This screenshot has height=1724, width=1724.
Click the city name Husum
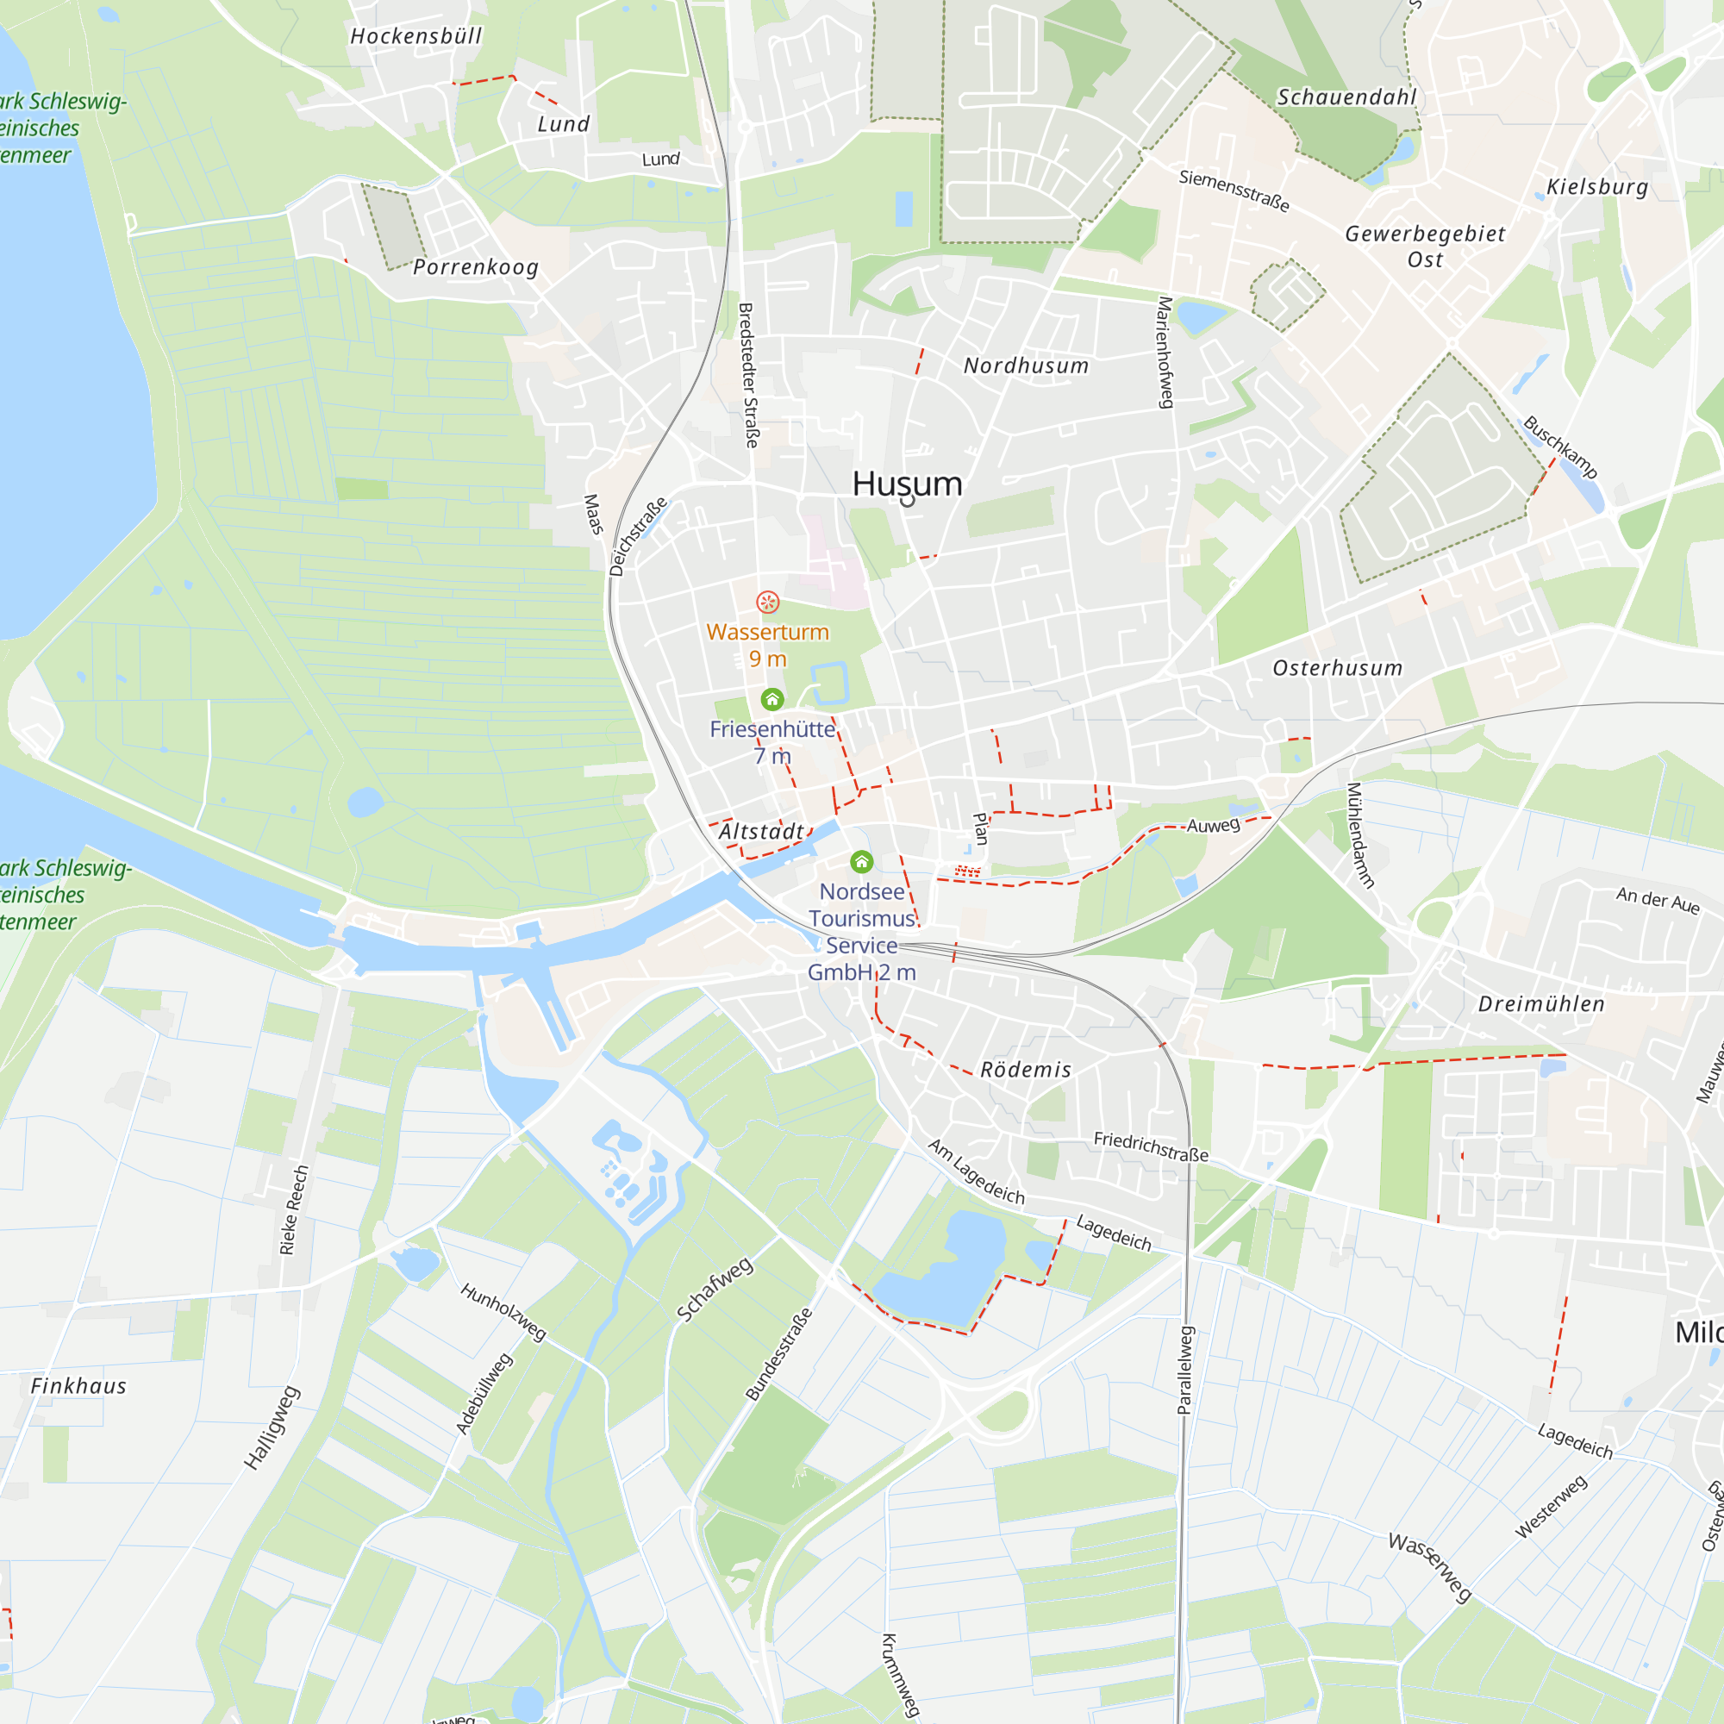(907, 484)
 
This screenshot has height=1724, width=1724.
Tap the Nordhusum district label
(1026, 365)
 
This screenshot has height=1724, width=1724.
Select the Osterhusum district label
(1337, 668)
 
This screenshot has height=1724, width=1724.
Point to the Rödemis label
(1025, 1070)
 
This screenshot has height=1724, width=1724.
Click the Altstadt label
(761, 832)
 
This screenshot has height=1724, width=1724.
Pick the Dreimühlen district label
(1541, 1004)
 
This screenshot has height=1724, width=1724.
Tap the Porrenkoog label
(476, 267)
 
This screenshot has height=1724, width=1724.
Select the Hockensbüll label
(415, 36)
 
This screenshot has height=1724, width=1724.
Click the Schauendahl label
(1346, 97)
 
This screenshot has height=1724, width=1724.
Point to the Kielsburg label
(1597, 187)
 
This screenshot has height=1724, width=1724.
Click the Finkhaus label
(78, 1386)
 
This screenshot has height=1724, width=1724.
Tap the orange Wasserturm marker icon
(767, 603)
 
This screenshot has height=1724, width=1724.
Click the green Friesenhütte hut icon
(771, 700)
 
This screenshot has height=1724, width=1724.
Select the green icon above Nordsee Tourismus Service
(861, 862)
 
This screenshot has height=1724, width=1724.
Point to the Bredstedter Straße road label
(749, 375)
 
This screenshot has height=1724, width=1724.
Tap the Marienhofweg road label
(1165, 353)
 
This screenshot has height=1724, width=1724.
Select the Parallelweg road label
(1185, 1370)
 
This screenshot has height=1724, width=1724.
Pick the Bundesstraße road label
(779, 1353)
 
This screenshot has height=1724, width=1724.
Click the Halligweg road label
(272, 1427)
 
